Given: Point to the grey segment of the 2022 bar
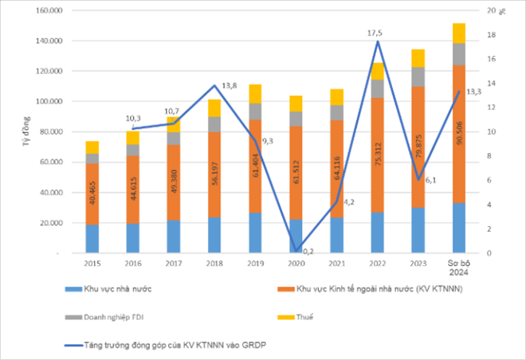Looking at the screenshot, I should [377, 88].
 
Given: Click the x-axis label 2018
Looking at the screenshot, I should [214, 263].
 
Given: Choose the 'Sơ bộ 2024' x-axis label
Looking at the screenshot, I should [458, 268].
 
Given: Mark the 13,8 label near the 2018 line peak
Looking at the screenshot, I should [230, 85].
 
